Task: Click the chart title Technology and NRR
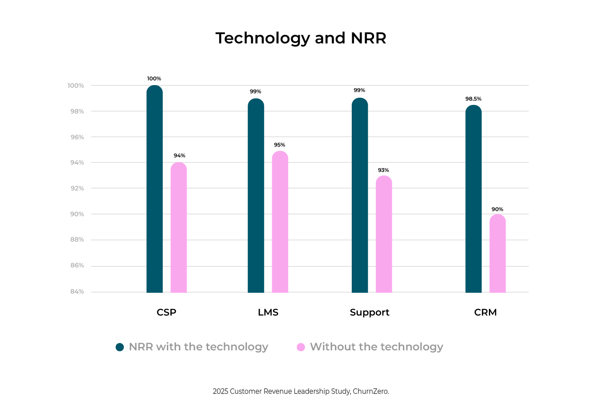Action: [301, 38]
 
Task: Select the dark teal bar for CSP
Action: [154, 189]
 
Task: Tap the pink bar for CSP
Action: [178, 228]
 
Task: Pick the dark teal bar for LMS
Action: [256, 196]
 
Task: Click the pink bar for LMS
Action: [280, 222]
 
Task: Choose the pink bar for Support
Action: [384, 234]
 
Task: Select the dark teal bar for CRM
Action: [473, 199]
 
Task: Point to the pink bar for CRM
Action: [498, 254]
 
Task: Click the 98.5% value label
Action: [473, 99]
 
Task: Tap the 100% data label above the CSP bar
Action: [154, 79]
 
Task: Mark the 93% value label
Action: [383, 170]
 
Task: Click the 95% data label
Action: [279, 145]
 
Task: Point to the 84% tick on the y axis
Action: [77, 291]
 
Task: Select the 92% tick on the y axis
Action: [77, 188]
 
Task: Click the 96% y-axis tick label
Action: [77, 137]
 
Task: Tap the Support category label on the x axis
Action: [369, 313]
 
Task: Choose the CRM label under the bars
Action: [485, 313]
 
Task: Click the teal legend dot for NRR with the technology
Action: [120, 347]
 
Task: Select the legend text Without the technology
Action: [376, 347]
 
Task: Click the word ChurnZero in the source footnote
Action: [371, 391]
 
